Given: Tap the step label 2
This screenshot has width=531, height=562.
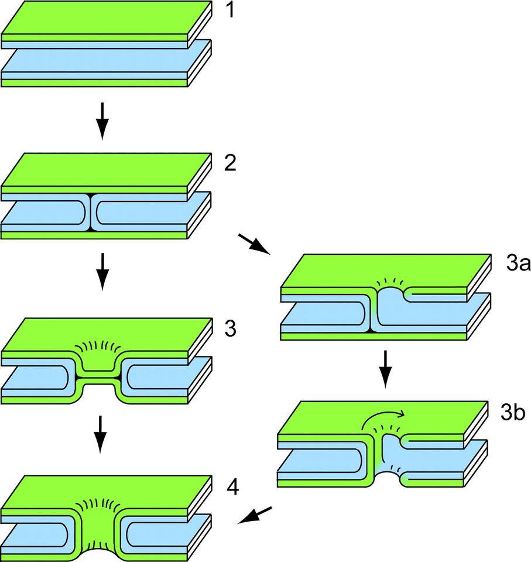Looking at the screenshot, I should (x=229, y=163).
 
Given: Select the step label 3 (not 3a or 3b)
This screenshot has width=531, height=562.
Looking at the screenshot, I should (x=229, y=329).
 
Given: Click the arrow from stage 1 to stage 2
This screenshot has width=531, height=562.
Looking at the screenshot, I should (x=102, y=121).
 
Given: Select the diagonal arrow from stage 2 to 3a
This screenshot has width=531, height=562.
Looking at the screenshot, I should (x=253, y=244).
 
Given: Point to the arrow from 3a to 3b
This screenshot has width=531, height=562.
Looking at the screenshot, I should (x=385, y=369).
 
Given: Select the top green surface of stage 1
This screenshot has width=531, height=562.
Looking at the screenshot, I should (x=105, y=23).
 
